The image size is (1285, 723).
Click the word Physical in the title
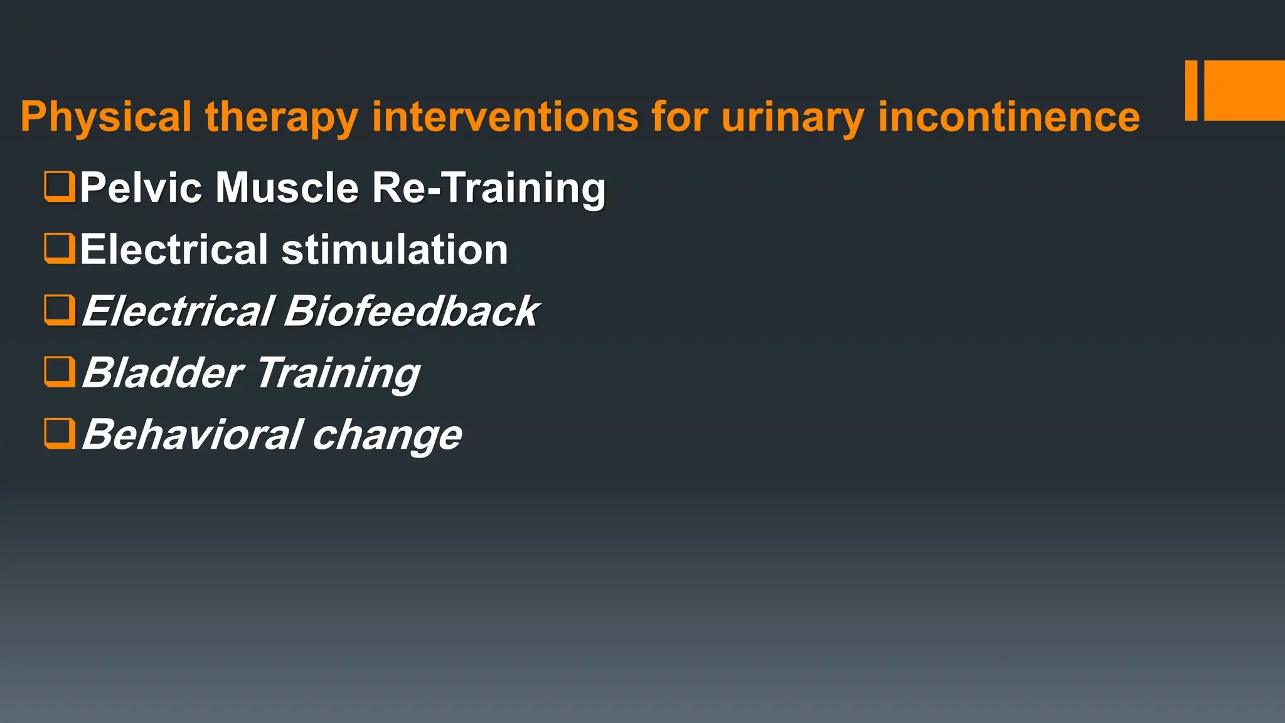coord(105,117)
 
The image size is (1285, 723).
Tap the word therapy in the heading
coord(281,117)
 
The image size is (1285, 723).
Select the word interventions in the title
coord(505,117)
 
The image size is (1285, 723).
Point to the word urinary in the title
coord(792,117)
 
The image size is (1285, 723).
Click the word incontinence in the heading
coord(1008,117)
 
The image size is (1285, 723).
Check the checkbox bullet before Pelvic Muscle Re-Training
coord(60,187)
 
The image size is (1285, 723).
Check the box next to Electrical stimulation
coord(60,249)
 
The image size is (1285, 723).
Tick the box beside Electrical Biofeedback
coord(60,310)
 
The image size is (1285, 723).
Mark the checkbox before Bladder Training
coord(60,372)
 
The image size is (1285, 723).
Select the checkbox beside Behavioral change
coord(60,434)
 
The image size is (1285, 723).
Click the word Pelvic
coord(141,188)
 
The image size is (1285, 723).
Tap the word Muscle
coord(287,188)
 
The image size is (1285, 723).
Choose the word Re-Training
coord(489,188)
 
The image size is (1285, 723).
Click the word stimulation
coord(395,249)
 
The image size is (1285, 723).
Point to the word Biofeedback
coord(411,311)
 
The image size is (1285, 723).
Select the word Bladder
coord(163,372)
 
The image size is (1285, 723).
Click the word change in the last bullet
coord(387,434)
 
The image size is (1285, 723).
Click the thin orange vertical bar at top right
coord(1191,90)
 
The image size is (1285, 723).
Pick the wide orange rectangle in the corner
coord(1244,90)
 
